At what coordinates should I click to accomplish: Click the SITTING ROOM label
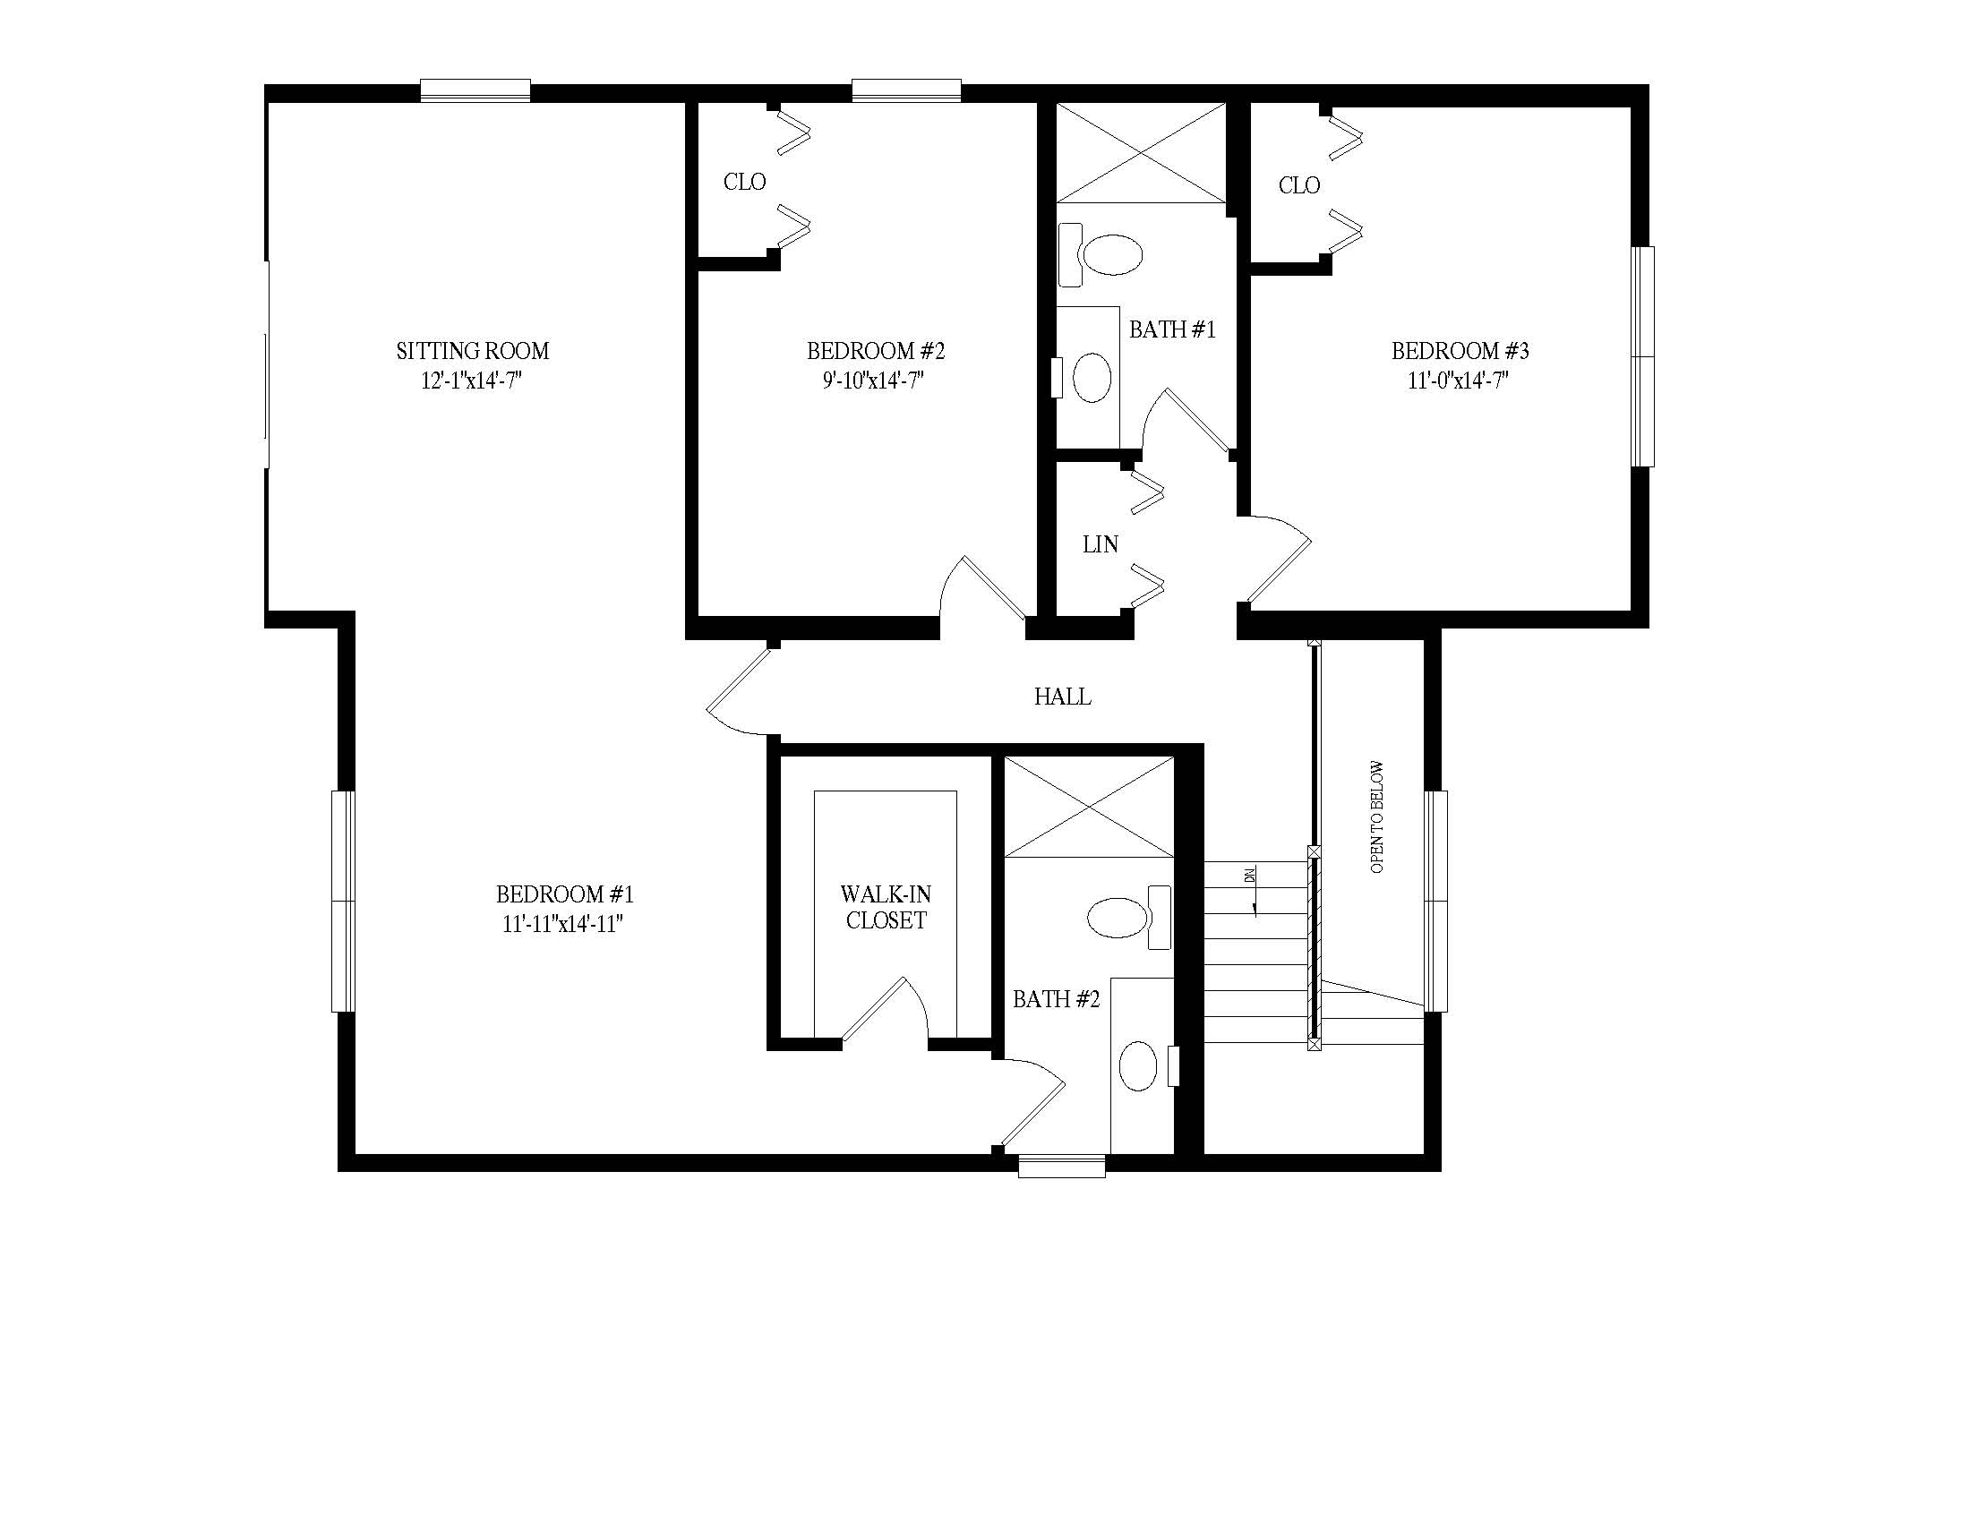473,351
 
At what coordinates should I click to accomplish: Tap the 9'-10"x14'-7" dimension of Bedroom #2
873,380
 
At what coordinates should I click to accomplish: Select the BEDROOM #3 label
1460,351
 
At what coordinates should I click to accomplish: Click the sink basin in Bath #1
1092,377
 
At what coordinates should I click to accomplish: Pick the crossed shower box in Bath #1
1141,153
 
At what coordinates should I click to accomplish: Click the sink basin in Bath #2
1138,1065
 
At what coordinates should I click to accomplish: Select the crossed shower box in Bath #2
1090,807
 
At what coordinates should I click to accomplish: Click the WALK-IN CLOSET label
886,907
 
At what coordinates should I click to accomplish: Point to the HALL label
1063,696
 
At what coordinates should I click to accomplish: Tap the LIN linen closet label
1101,544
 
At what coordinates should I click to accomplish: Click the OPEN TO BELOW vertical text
1376,817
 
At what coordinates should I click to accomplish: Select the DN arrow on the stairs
1255,893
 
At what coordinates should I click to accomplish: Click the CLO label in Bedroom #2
745,182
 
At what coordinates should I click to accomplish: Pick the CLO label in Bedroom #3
1299,185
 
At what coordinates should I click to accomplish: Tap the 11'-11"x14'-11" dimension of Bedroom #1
564,924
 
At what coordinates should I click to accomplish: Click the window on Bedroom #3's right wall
1642,357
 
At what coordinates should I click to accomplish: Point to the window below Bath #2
1062,1166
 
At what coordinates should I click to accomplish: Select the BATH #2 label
1057,999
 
